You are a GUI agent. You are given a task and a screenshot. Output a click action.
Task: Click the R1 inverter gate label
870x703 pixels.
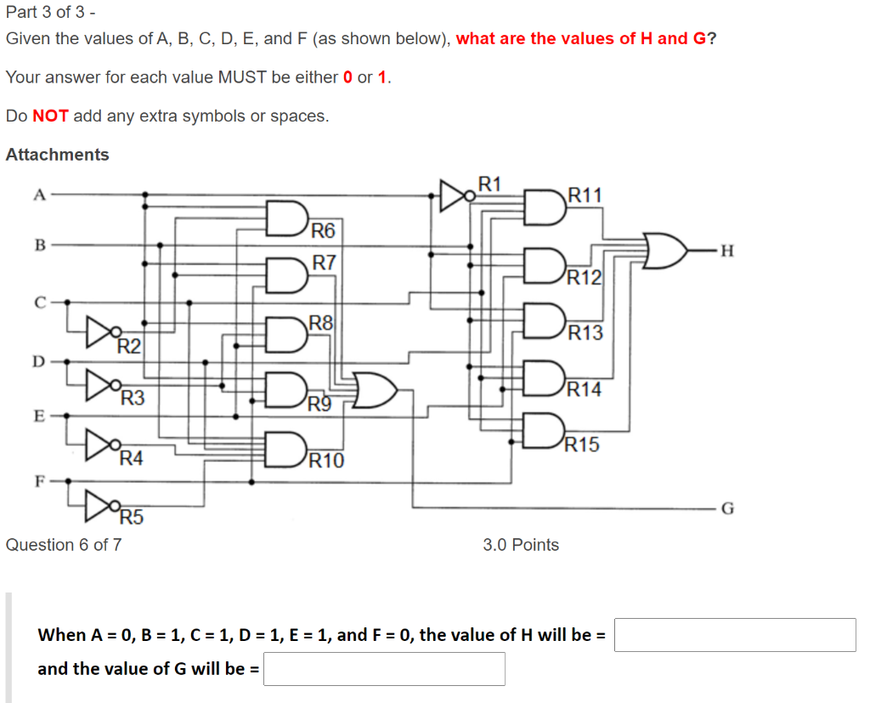490,184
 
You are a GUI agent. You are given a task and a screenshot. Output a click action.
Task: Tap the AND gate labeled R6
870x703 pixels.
286,218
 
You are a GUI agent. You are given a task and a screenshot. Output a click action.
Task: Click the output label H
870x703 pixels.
725,250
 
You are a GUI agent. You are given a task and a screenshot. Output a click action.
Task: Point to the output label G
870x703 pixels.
726,509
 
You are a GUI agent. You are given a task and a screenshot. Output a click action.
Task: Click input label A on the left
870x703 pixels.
38,194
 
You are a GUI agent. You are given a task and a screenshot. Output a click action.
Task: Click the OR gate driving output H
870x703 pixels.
666,250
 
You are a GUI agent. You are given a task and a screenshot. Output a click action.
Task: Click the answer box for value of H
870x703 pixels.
734,635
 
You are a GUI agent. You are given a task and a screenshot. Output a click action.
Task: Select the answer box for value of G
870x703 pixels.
384,669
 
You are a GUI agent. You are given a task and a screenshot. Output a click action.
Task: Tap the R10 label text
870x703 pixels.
327,462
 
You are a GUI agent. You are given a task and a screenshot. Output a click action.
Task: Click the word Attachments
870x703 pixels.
58,155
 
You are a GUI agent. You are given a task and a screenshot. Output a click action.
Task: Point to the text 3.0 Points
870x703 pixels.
521,545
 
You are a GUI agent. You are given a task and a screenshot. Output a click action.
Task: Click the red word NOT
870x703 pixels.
50,116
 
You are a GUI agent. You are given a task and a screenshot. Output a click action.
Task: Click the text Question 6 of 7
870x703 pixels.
64,545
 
